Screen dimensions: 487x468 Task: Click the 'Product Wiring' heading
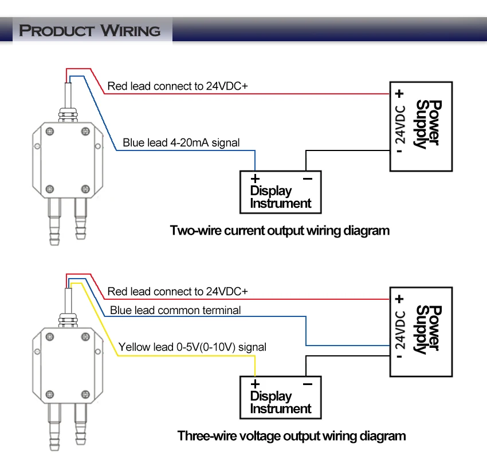coord(90,31)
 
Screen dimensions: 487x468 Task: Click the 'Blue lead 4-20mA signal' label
coord(181,142)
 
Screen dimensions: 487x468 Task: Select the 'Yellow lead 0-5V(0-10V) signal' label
coord(193,347)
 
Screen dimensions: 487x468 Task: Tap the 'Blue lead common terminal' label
coord(175,310)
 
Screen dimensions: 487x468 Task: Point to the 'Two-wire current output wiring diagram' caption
coord(280,231)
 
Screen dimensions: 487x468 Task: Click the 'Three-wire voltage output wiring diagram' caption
coord(291,436)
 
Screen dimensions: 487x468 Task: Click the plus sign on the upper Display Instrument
coord(255,179)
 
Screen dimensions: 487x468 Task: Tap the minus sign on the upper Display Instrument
coord(308,179)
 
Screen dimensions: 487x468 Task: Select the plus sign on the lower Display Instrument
coord(255,384)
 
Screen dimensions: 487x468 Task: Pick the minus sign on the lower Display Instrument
coord(308,384)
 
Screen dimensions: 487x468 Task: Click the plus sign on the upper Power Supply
coord(399,94)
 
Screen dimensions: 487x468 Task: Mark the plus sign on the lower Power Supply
coord(399,299)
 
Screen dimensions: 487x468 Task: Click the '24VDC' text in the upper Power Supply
coord(400,124)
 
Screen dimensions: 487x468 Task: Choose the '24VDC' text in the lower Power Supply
coord(400,330)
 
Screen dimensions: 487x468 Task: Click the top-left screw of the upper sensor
coord(50,132)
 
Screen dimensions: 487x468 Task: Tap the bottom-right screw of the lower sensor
coord(85,395)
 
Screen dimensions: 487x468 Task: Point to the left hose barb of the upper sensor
coord(54,221)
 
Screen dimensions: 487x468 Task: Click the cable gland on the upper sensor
coord(68,114)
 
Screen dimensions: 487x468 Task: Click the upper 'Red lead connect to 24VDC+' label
coord(178,86)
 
